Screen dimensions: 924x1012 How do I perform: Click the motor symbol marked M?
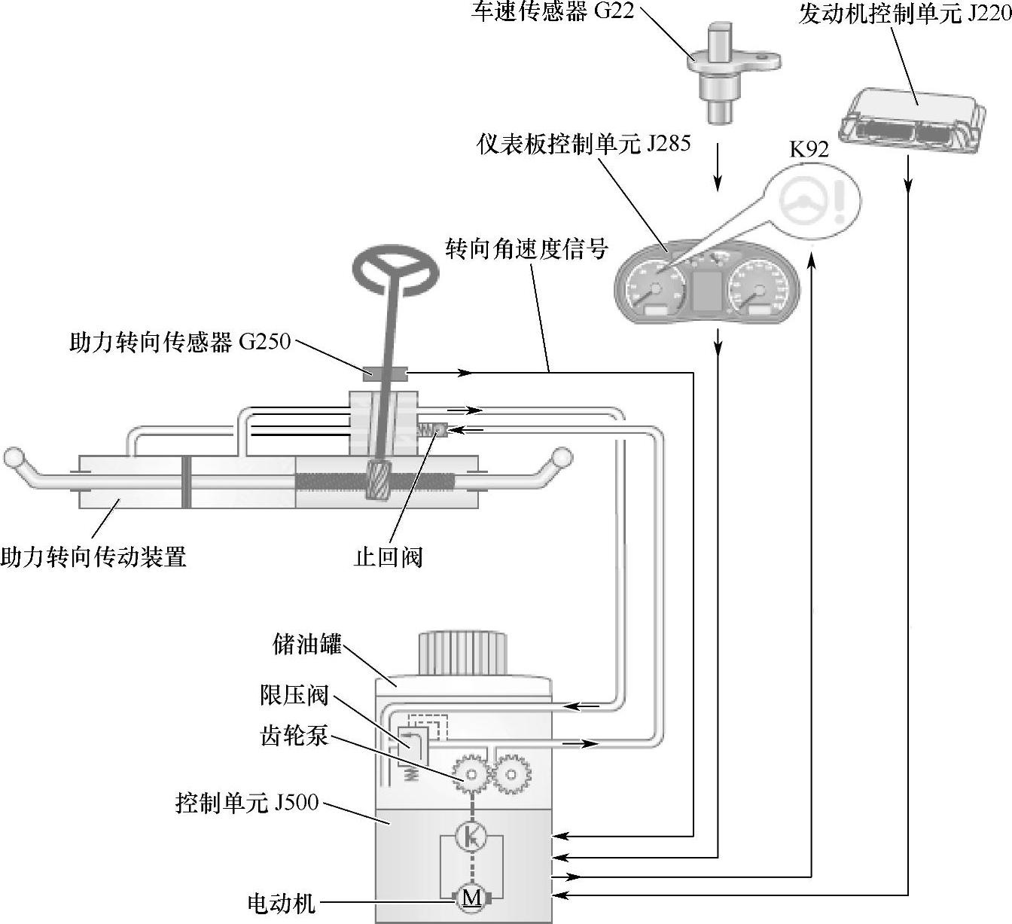471,897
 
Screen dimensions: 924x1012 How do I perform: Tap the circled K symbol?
471,836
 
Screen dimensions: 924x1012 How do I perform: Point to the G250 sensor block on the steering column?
386,371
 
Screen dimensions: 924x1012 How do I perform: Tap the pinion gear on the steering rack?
377,481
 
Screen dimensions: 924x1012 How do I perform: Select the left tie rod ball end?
14,456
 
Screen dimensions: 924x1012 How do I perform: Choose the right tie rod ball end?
562,456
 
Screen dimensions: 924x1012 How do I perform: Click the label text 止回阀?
389,557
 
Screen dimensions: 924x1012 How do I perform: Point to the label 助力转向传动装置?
93,557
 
